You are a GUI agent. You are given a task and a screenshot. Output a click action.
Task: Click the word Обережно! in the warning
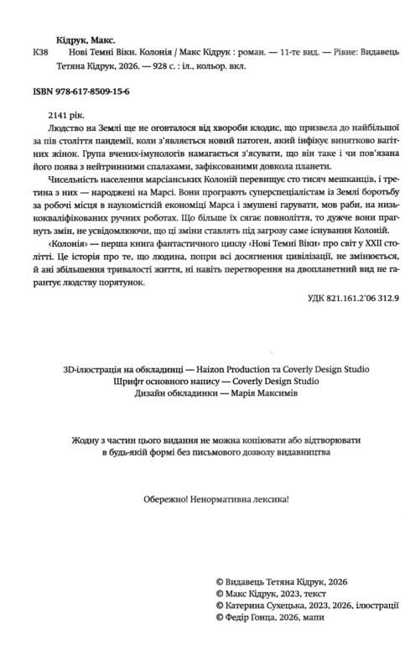pyautogui.click(x=148, y=498)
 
